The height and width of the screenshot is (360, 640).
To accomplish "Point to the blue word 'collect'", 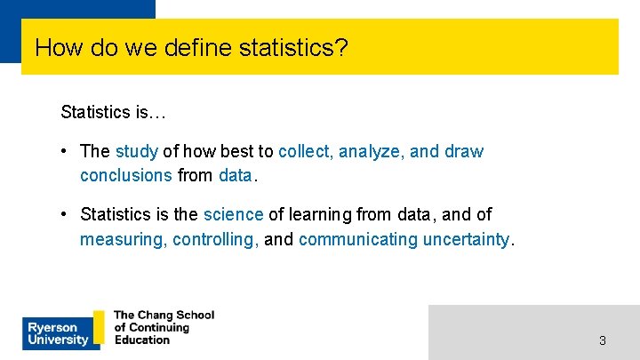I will pos(305,151).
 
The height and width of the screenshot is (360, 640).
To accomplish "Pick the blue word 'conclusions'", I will pos(126,175).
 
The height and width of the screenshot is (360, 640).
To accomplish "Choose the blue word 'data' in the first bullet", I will pos(236,175).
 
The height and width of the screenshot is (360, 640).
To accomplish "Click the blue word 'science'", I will pos(233,214).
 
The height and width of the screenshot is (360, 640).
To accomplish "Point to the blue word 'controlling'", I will pos(213,239).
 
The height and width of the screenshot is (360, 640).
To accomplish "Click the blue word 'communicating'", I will pos(357,239).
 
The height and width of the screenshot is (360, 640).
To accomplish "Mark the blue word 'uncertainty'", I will pos(467,239).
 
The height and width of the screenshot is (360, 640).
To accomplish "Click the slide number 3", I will pos(603,341).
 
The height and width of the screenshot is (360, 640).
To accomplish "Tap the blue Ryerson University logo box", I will pos(57,332).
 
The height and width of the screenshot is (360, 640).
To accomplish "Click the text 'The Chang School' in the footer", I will pos(164,316).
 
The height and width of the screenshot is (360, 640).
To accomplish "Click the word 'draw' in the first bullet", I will pos(464,151).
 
